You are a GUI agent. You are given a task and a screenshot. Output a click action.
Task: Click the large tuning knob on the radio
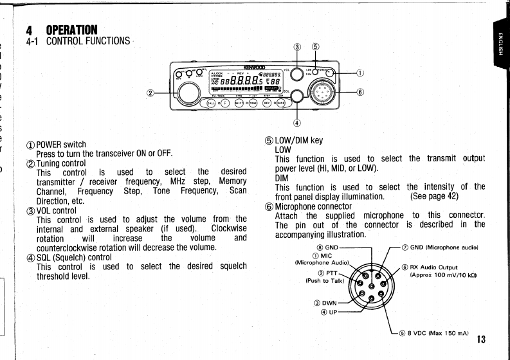pos(189,93)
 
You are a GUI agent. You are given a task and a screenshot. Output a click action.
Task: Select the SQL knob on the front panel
pos(297,96)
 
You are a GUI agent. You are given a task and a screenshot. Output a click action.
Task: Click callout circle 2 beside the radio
pos(151,93)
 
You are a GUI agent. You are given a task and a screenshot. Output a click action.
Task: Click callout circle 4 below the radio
pos(297,122)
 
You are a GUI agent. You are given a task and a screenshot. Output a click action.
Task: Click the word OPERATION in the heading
pos(71,30)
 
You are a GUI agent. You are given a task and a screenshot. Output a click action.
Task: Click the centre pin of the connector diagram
pos(373,285)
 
